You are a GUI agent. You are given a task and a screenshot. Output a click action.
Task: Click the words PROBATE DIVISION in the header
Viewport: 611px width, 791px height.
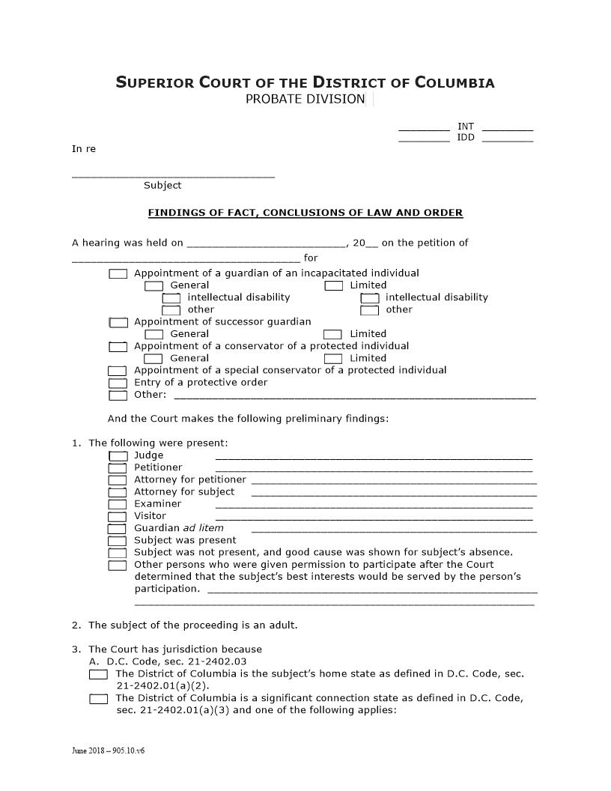[305, 100]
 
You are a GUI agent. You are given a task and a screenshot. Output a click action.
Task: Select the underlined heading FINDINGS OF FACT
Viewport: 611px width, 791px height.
[305, 213]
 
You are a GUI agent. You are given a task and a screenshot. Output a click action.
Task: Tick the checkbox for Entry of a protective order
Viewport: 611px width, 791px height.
[118, 383]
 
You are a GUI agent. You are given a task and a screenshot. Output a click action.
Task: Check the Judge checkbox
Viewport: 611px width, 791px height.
[118, 455]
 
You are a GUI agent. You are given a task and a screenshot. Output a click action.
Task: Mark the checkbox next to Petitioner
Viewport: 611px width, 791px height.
[118, 467]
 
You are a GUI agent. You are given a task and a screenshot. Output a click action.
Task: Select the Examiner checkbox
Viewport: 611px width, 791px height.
[118, 504]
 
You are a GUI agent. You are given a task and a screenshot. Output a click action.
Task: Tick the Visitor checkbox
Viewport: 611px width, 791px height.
[118, 516]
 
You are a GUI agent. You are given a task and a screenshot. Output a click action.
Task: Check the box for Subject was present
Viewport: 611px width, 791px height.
[118, 540]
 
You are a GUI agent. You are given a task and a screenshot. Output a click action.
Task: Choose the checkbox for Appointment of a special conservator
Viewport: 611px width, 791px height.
[118, 371]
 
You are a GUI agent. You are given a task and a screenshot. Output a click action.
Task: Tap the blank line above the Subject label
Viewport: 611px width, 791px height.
[173, 175]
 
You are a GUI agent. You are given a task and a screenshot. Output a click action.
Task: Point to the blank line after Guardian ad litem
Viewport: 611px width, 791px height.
[394, 530]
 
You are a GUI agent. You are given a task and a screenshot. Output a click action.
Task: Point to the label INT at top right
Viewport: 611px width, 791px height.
[466, 127]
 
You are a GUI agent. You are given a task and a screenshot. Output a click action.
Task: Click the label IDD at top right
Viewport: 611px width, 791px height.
[466, 138]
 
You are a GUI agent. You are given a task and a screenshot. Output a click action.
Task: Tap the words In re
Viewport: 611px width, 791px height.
[84, 149]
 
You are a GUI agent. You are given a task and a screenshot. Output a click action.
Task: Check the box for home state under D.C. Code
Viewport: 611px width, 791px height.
[98, 674]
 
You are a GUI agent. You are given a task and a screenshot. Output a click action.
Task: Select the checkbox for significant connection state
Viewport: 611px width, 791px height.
[98, 699]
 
